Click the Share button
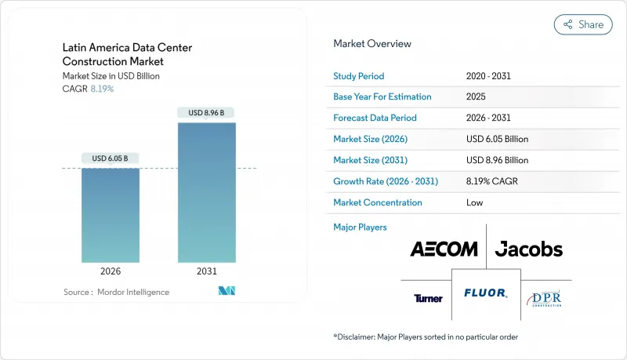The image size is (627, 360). (583, 24)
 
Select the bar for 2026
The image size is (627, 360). (111, 215)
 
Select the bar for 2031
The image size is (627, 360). (206, 192)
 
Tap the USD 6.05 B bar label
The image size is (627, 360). (111, 158)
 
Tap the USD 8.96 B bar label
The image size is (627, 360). (206, 113)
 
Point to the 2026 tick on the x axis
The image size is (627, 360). (111, 271)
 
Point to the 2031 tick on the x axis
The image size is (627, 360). (206, 271)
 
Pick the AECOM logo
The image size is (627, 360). (444, 249)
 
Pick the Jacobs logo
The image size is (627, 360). (528, 249)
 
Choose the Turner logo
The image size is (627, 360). (428, 298)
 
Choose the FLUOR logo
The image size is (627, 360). (485, 293)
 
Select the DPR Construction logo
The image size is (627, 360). (546, 298)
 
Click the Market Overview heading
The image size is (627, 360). (372, 44)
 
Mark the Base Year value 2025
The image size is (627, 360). (476, 96)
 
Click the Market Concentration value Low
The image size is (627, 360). (474, 202)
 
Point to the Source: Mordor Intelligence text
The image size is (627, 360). (116, 292)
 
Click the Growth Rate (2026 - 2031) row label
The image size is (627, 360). (386, 181)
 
